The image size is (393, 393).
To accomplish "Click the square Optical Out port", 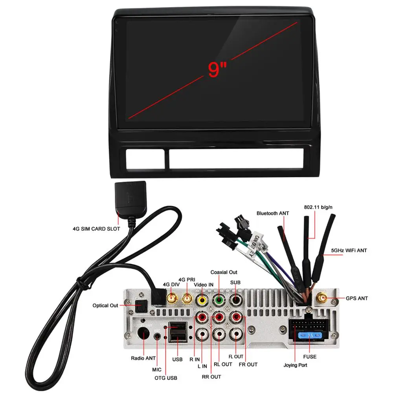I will pyautogui.click(x=140, y=305).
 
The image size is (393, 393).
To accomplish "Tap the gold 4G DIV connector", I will pyautogui.click(x=171, y=299).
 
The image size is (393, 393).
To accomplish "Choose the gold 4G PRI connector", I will pyautogui.click(x=187, y=299).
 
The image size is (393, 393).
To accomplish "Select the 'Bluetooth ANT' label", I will pyautogui.click(x=273, y=213).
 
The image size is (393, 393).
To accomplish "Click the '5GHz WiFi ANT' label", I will pyautogui.click(x=349, y=250).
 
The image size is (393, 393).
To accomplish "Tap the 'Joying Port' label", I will pyautogui.click(x=296, y=365).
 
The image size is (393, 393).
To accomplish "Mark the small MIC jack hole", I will pyautogui.click(x=158, y=337).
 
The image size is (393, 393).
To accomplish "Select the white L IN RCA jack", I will pyautogui.click(x=202, y=334).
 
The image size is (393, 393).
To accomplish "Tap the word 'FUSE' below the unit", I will pyautogui.click(x=310, y=357).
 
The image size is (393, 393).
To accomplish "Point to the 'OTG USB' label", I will pyautogui.click(x=166, y=378).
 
